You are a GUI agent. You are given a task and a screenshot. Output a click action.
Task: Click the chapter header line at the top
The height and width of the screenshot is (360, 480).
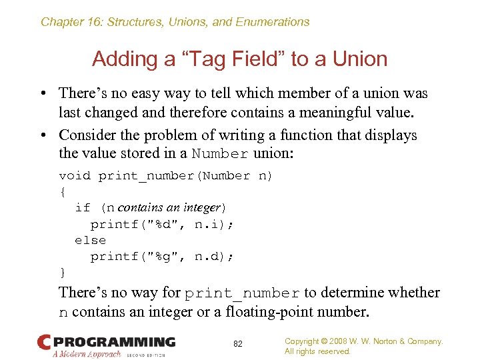[x=175, y=22]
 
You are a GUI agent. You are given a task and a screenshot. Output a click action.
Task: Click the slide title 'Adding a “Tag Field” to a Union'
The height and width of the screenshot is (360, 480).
[x=239, y=59]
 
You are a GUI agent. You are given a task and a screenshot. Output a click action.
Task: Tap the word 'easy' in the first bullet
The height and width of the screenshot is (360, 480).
[x=169, y=93]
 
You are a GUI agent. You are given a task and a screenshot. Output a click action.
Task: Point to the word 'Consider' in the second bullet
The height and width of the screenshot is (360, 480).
[x=88, y=135]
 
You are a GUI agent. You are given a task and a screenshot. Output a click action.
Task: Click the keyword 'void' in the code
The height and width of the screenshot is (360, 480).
[x=75, y=176]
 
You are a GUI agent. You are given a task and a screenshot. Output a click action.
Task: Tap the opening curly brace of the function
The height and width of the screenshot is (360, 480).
[x=63, y=192]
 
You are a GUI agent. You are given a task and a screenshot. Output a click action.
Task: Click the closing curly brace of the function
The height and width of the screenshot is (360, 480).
[x=63, y=272]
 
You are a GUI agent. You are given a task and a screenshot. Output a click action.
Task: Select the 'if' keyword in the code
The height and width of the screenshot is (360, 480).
[x=83, y=208]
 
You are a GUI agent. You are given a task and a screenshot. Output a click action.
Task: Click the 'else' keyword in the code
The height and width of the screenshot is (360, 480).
[x=90, y=240]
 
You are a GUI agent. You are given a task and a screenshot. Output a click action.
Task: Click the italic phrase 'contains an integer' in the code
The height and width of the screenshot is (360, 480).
[x=169, y=208]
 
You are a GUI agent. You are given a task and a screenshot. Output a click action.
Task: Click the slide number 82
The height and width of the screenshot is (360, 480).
[x=238, y=343]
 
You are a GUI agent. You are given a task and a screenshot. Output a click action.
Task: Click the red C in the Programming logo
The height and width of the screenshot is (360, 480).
[x=45, y=342]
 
